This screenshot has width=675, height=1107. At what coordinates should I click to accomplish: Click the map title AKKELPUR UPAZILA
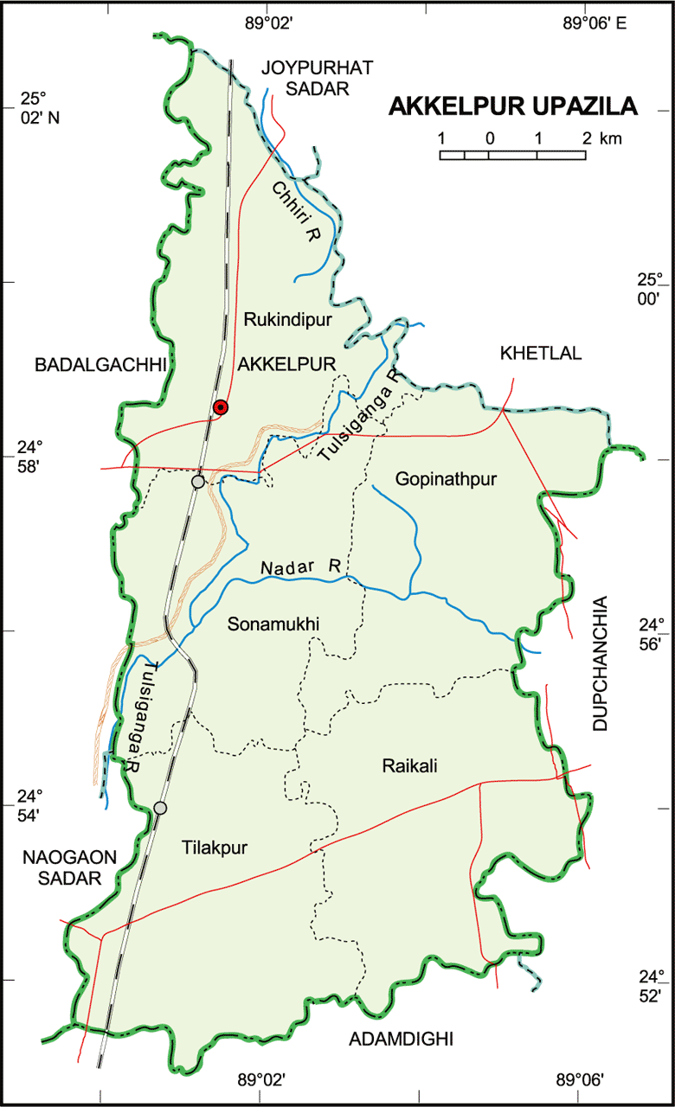[513, 106]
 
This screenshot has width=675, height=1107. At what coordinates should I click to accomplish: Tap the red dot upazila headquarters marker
[221, 407]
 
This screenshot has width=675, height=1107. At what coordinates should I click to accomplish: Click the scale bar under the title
[513, 155]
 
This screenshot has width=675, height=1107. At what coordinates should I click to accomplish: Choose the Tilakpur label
[215, 848]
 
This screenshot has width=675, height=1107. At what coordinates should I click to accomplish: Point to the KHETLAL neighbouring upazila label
[541, 353]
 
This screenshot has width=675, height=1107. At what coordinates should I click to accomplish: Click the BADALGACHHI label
[100, 365]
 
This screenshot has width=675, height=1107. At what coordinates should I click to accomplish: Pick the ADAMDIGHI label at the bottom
[401, 1039]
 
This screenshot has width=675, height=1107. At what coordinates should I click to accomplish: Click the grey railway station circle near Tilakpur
[160, 808]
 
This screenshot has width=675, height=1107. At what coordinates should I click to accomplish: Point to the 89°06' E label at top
[595, 23]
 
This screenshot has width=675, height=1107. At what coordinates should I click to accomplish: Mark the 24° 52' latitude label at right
[650, 986]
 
